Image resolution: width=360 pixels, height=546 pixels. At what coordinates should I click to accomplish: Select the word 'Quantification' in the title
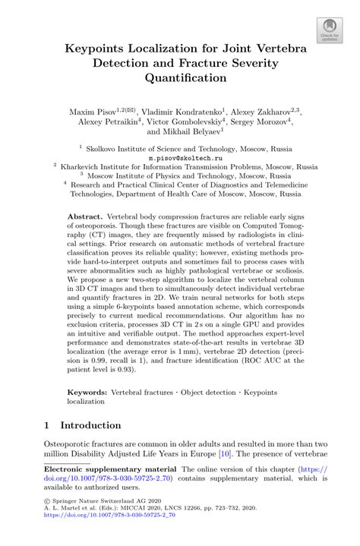[x=180, y=77]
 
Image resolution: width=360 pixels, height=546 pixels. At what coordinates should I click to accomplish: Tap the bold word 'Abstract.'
[x=86, y=216]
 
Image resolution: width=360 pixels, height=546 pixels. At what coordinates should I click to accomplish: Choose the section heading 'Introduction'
[x=90, y=425]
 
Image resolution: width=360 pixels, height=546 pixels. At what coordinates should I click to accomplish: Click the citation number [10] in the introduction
[x=224, y=453]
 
